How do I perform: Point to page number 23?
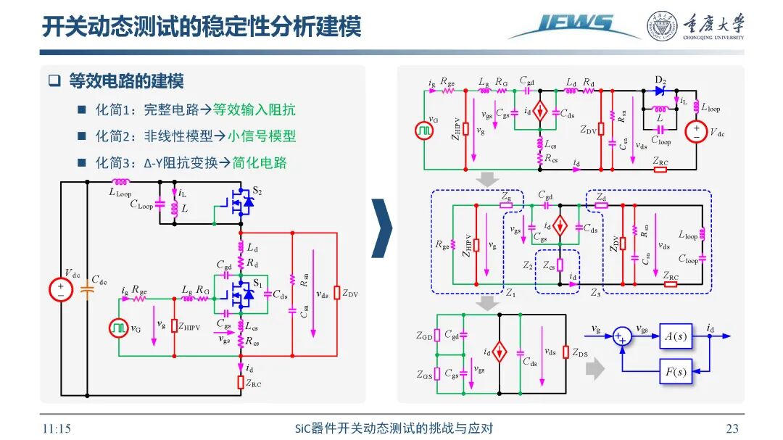732,428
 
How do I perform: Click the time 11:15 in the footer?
56,428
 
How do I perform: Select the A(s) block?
675,336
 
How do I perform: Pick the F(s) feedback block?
675,372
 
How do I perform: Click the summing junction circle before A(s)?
620,336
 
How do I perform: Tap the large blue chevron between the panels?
381,228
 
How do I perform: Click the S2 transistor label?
257,191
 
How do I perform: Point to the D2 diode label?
660,79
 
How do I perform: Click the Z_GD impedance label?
423,336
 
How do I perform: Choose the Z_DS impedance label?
580,353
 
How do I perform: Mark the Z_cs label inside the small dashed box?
550,265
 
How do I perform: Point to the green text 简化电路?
259,163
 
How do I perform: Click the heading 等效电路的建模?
126,81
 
